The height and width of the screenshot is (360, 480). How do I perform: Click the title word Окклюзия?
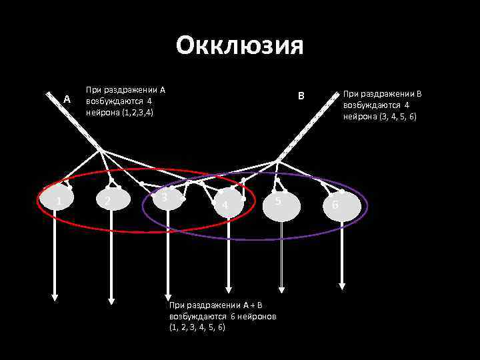(x=240, y=46)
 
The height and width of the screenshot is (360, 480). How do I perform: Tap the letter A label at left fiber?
(x=66, y=100)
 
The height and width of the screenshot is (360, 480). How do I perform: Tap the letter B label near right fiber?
(x=301, y=96)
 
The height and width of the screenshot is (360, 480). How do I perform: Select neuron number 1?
(x=57, y=201)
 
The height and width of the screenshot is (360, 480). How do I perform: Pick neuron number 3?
(x=166, y=198)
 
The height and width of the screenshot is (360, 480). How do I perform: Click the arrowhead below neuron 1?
(x=55, y=297)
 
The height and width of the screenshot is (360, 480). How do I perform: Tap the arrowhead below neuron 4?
(x=228, y=289)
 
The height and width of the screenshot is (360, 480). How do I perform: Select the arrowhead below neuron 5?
(x=281, y=289)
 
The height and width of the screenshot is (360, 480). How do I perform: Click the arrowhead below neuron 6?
(x=342, y=286)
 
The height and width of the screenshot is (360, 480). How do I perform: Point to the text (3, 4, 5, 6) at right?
(x=397, y=117)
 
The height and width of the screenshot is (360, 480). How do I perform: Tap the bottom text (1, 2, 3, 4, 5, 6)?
(x=198, y=327)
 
